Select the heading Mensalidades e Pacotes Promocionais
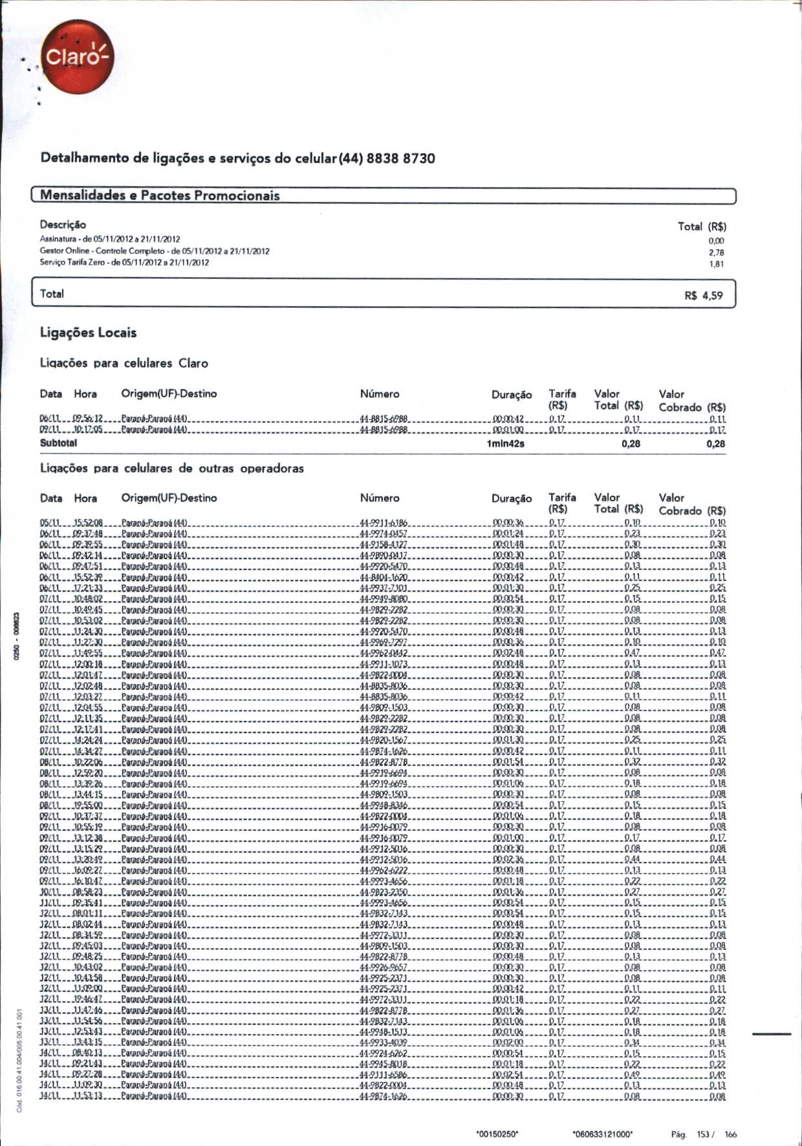point(160,195)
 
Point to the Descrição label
point(63,225)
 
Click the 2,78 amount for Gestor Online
point(716,252)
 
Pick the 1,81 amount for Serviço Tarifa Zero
point(716,264)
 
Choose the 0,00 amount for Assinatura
point(716,241)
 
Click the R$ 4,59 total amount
point(704,296)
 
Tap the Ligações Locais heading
point(88,333)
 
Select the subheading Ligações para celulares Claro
point(124,363)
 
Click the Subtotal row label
point(58,443)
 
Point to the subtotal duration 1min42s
point(505,444)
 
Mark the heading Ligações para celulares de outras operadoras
point(172,468)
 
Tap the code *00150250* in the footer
point(497,1134)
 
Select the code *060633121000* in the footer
point(603,1134)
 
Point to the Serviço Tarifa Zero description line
point(124,263)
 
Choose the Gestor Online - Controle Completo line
point(155,251)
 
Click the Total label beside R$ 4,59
point(52,294)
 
